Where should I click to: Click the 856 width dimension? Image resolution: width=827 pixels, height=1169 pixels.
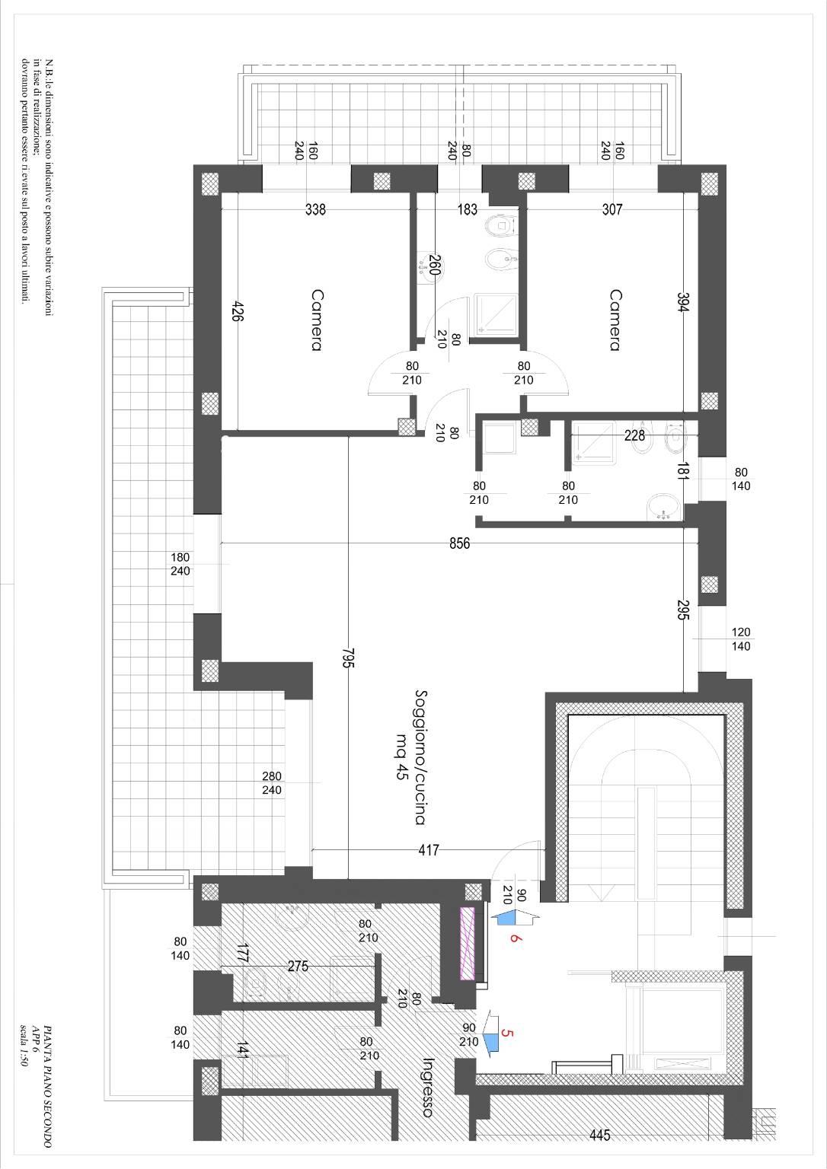click(459, 544)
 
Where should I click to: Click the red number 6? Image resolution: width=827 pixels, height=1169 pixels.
click(515, 938)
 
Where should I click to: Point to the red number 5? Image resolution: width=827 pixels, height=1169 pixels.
click(507, 1033)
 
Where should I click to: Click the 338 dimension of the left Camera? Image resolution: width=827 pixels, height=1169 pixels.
click(315, 209)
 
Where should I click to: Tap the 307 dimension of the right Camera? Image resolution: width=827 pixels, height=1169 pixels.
click(612, 209)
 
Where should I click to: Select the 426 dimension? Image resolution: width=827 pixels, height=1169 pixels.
click(238, 311)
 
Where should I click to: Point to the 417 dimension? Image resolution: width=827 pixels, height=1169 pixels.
click(429, 850)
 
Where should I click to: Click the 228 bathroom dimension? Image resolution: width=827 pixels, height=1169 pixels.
click(634, 435)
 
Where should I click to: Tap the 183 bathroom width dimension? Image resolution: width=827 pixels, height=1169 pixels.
click(468, 209)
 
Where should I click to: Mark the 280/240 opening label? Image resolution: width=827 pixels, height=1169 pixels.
click(272, 783)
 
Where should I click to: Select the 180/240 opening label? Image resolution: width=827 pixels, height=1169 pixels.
click(180, 564)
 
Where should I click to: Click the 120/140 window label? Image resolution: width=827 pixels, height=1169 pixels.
click(741, 639)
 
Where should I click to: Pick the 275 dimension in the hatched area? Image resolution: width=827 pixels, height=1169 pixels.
click(298, 966)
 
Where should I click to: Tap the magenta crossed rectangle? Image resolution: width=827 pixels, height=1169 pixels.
click(466, 942)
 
